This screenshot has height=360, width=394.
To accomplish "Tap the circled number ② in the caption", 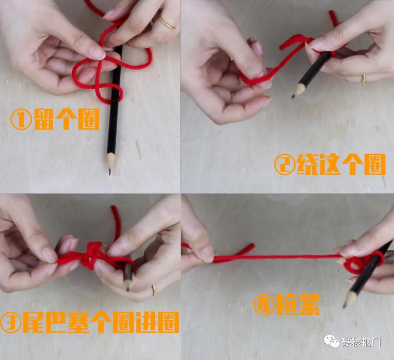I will point(284,165).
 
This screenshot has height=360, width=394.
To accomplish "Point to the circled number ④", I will point(264,304).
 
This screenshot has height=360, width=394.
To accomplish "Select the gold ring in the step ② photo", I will point(363,79).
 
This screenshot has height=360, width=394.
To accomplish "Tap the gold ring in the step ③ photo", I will point(154,290).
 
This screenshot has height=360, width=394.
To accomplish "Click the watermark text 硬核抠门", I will point(361,342).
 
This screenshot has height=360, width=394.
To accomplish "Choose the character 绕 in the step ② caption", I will point(308,165).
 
